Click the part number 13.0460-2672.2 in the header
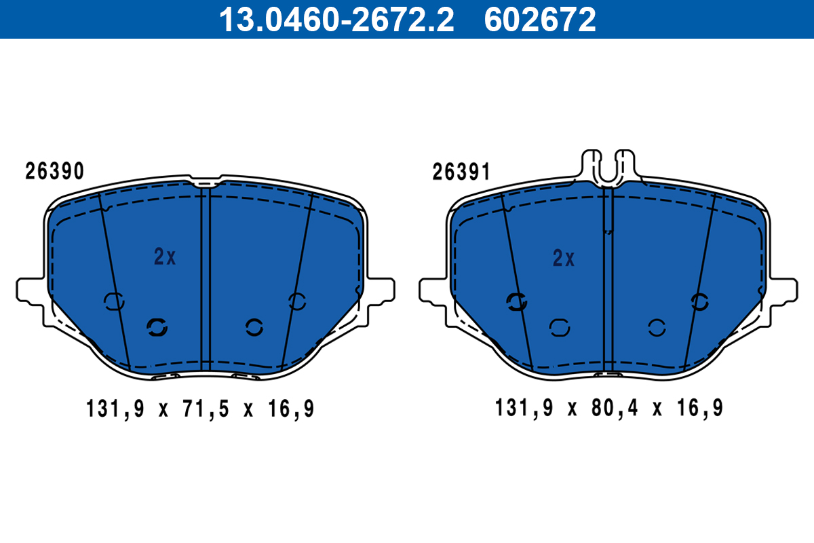click(x=335, y=19)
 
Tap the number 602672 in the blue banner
click(x=539, y=19)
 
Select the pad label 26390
click(x=55, y=171)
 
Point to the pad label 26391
click(x=461, y=172)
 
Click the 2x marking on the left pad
click(x=165, y=257)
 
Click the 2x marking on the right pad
click(x=564, y=258)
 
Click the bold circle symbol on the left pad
click(x=157, y=328)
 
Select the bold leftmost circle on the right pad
click(x=517, y=302)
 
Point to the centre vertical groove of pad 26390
click(x=206, y=278)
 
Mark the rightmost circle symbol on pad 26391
click(x=699, y=302)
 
